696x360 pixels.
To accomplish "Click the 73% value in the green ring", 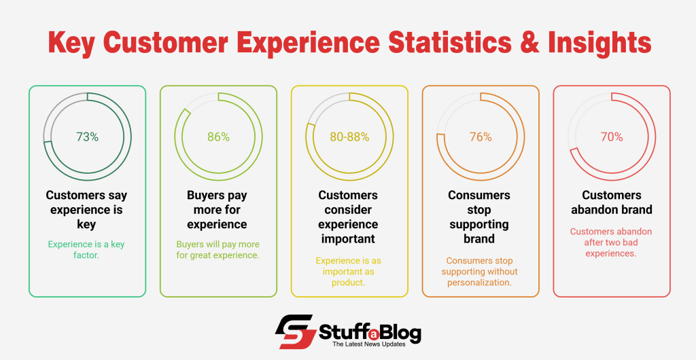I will (87, 137).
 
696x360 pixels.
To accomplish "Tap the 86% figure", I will (218, 137).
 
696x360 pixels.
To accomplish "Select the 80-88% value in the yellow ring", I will (349, 137).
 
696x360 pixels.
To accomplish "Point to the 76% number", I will (481, 137).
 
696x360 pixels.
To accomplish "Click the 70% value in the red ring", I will (612, 137).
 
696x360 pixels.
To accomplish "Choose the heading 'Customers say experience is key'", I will (87, 209).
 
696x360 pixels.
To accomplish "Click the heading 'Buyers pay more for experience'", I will (218, 209).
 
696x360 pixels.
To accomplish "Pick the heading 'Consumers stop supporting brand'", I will (481, 217).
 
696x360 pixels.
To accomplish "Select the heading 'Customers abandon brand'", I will (612, 202).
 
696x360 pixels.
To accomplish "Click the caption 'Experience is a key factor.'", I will (87, 249).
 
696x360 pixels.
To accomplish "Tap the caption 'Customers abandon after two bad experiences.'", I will (612, 242).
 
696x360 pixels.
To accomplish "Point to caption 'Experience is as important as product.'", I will (349, 271).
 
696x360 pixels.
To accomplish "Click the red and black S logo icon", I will (294, 333).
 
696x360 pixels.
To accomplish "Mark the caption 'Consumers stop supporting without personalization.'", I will (481, 271).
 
